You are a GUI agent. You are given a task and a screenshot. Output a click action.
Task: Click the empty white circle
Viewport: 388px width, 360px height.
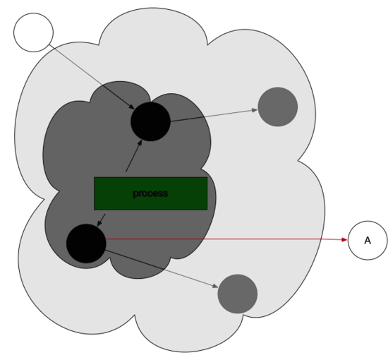(33, 32)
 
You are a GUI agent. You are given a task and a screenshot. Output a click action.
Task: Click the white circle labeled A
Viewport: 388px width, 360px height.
(368, 241)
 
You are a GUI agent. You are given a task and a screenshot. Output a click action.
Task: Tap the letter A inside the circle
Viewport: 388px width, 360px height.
(368, 241)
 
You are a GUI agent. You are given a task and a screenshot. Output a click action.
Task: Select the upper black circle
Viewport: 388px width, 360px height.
(150, 121)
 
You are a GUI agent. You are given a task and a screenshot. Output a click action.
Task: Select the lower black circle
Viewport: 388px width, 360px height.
(86, 244)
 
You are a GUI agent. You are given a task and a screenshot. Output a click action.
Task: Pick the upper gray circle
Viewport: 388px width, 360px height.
(278, 107)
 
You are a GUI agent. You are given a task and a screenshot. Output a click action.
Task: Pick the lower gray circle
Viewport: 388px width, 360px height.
(238, 294)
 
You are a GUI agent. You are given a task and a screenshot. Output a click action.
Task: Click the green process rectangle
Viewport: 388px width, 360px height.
(150, 193)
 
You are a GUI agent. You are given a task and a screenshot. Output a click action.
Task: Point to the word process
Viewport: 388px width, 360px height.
(150, 193)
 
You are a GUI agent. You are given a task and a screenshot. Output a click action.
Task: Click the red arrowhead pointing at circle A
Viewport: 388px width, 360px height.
(344, 240)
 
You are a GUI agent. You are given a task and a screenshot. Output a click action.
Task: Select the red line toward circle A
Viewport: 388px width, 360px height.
(226, 239)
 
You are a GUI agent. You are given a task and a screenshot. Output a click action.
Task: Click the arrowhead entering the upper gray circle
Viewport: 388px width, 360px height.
(255, 110)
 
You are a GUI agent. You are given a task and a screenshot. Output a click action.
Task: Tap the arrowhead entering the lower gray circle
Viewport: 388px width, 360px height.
(215, 286)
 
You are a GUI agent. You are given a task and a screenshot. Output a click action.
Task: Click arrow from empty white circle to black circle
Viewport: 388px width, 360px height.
(92, 77)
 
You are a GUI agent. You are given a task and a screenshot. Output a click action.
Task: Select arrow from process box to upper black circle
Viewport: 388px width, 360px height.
(134, 156)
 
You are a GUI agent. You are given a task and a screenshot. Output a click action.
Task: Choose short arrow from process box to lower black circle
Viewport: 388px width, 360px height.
(101, 220)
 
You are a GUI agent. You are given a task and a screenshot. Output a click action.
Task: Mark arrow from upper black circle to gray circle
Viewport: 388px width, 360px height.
(214, 115)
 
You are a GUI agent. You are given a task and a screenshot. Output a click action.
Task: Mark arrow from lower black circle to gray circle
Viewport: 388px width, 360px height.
(162, 269)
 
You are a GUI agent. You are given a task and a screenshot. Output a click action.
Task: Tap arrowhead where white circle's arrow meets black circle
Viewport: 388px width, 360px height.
(132, 107)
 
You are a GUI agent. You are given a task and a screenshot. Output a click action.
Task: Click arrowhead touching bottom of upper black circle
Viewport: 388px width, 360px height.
(140, 143)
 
